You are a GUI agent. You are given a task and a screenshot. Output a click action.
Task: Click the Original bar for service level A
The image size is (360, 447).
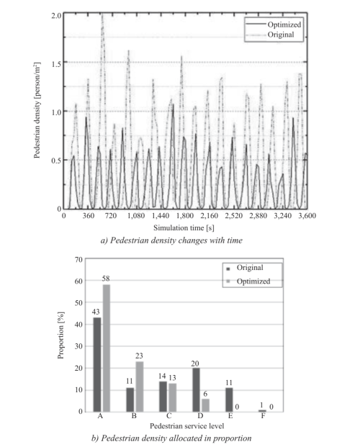[x=97, y=364]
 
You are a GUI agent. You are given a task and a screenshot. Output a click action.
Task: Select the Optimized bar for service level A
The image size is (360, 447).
[x=107, y=348]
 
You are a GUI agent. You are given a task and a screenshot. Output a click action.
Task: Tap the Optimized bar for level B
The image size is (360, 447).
[x=140, y=387]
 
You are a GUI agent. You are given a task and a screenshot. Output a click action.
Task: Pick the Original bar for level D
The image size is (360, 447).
[x=197, y=389]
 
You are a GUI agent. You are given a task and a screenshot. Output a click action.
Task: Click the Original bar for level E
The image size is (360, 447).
[x=229, y=399]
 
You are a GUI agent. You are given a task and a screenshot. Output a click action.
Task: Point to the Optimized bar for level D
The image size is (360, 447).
[x=205, y=405]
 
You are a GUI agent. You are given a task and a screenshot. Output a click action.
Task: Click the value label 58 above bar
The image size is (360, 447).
[x=106, y=279]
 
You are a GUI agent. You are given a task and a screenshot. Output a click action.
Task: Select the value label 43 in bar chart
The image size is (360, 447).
[x=96, y=312]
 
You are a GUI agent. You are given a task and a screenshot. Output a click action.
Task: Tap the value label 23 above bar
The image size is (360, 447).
[x=139, y=356]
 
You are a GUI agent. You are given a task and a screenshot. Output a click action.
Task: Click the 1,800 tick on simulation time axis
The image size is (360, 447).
[x=185, y=216]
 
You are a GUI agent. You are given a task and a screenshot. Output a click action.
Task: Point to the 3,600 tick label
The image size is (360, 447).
[x=307, y=216]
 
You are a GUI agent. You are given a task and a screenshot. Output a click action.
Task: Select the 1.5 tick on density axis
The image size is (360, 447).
[x=56, y=64]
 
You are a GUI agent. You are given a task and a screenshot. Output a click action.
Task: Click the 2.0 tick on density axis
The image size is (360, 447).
[x=56, y=15]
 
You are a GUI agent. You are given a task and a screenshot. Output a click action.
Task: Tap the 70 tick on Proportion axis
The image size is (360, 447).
[x=78, y=259]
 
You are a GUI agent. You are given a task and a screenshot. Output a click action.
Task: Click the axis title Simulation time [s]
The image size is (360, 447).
[x=184, y=227]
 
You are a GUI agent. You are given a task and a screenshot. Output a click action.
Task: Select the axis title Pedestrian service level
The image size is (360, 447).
[x=187, y=426]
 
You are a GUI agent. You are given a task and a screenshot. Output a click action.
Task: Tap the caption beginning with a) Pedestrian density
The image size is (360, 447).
[x=171, y=240]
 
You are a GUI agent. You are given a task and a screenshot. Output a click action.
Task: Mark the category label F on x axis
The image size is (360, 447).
[x=263, y=416]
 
